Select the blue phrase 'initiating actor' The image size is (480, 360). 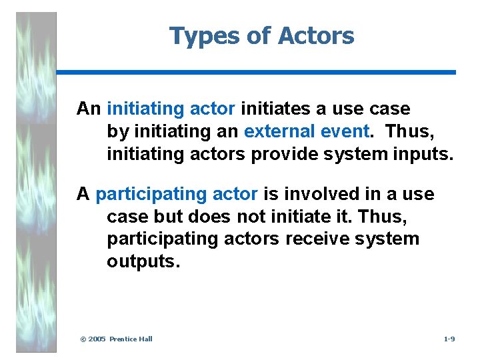coord(171,108)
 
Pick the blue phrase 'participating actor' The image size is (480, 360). coord(177,194)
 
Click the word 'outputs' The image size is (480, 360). coord(143,261)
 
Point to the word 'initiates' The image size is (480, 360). coord(271,108)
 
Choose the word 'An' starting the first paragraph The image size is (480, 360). coord(88,108)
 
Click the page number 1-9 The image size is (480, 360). coord(449,339)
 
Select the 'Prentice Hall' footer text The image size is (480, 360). coord(131,339)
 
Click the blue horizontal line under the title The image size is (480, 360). coord(256,72)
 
